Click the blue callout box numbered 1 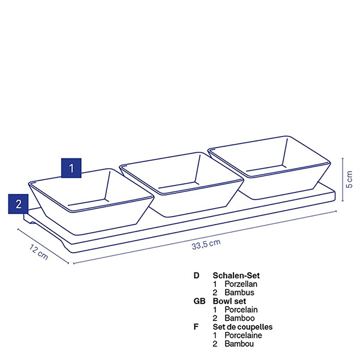click(x=71, y=168)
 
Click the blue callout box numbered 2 click(x=19, y=204)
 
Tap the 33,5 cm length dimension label click(x=206, y=244)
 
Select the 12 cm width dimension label click(x=39, y=252)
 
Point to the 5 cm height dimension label click(x=349, y=179)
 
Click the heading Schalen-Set click(x=236, y=275)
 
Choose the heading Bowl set click(x=229, y=301)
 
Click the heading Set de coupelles click(x=242, y=327)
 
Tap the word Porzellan click(x=241, y=284)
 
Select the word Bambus click(x=239, y=293)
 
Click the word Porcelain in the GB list click(x=241, y=310)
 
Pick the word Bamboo click(x=239, y=318)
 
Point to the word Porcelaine click(x=243, y=335)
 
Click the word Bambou click(x=239, y=344)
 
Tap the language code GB click(x=199, y=301)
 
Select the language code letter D click(x=196, y=275)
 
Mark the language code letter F click(x=196, y=327)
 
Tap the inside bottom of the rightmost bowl click(x=266, y=168)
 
